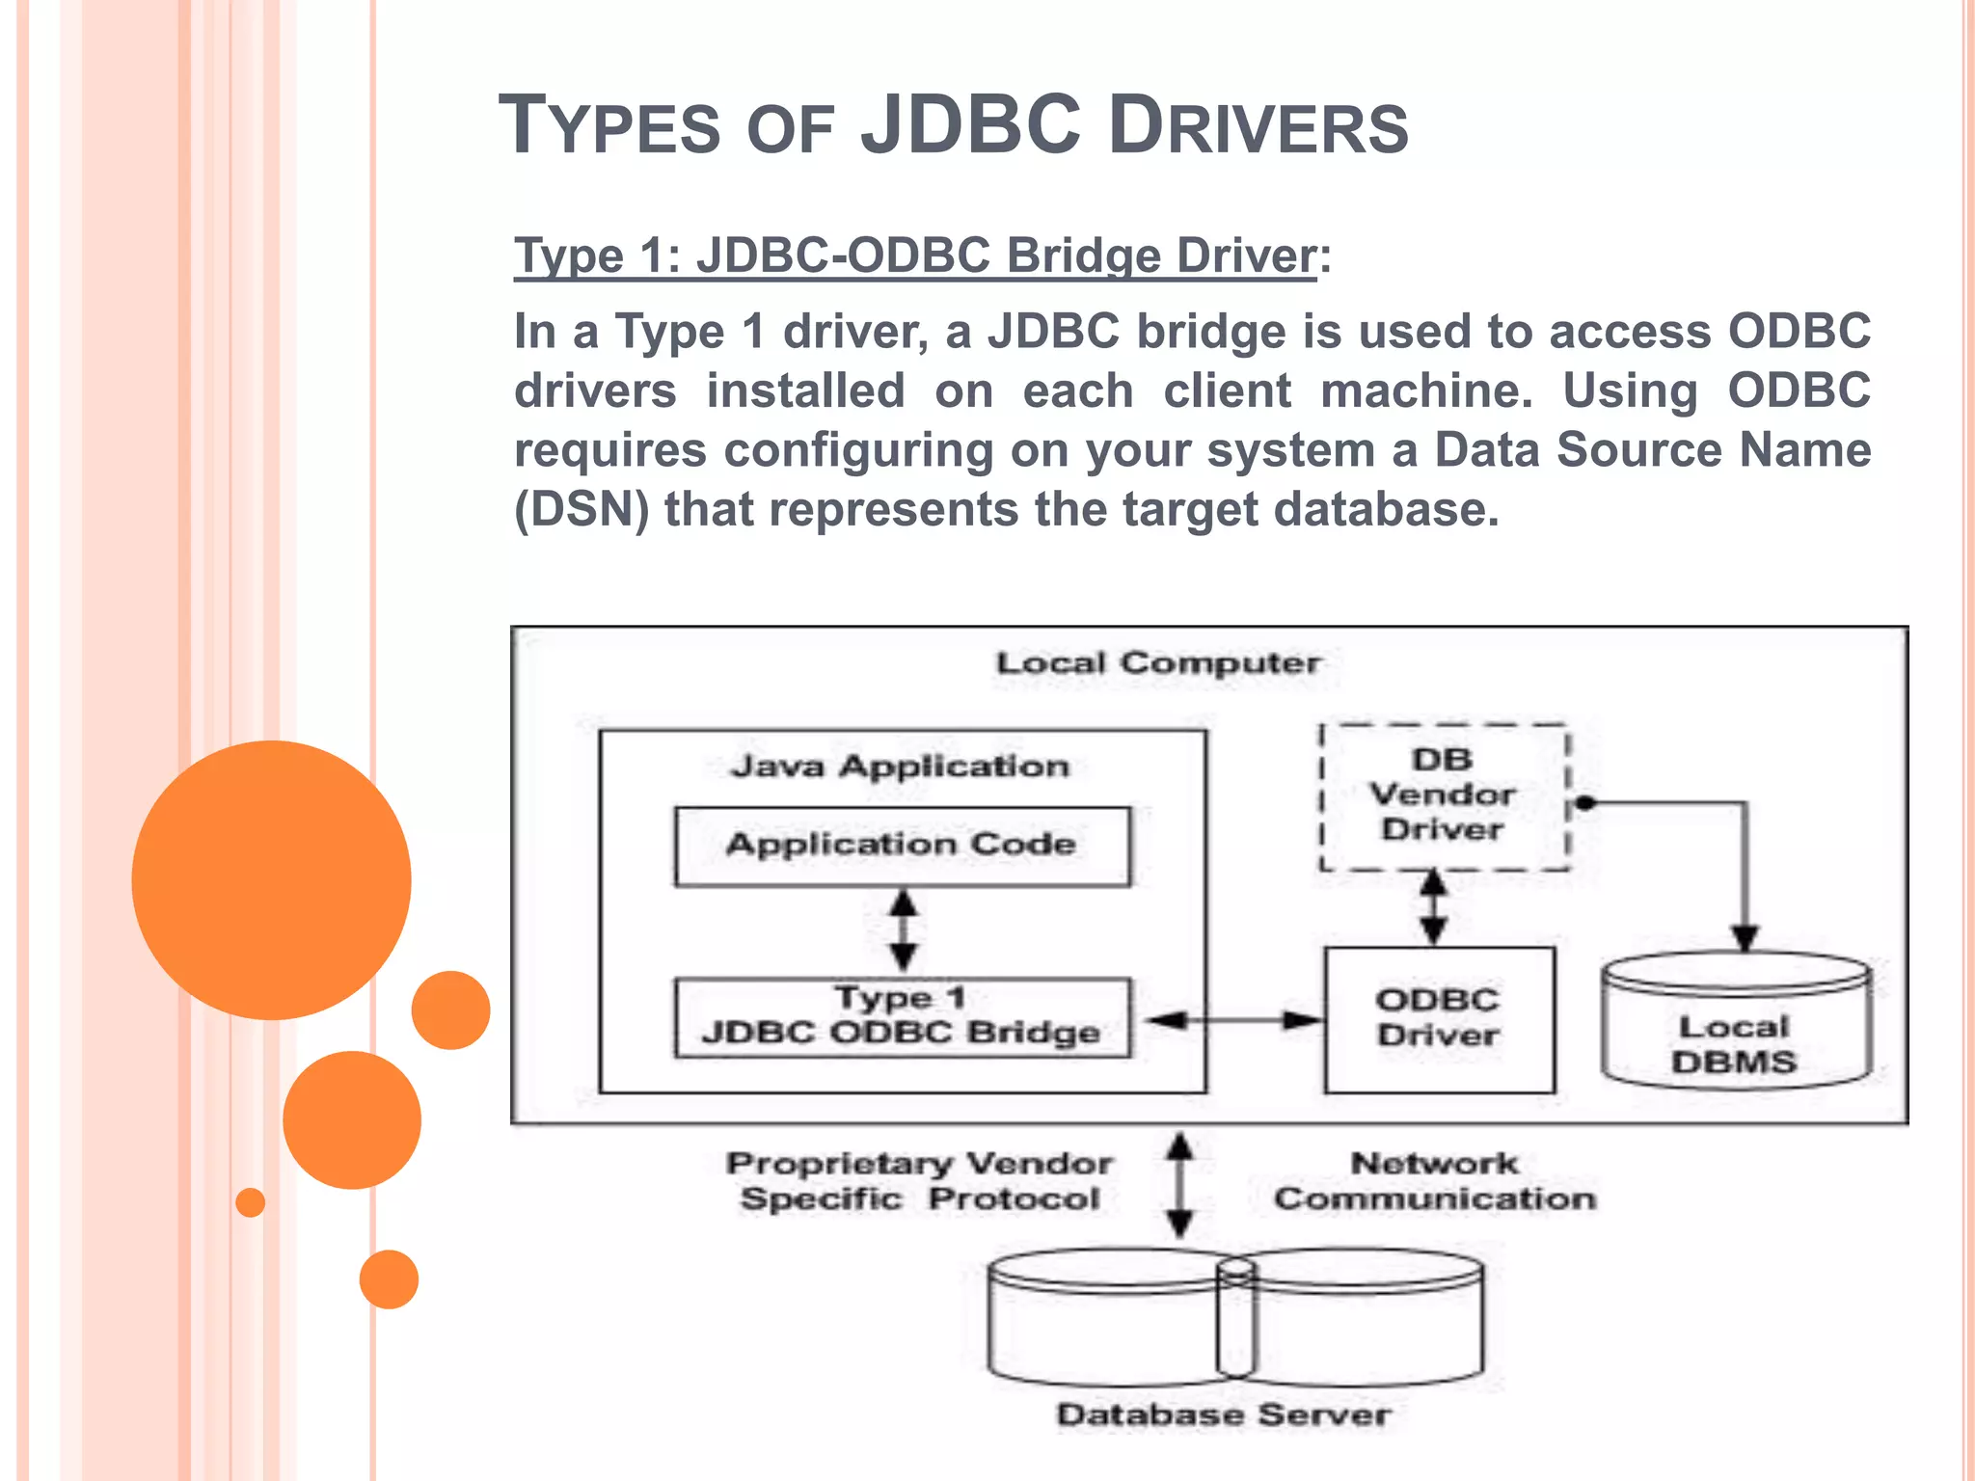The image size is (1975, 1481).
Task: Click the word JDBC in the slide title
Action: coord(970,124)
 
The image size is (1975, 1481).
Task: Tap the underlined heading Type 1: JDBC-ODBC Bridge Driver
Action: coord(914,256)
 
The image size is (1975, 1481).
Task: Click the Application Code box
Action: coord(902,846)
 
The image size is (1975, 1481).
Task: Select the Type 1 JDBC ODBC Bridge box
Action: coord(902,1017)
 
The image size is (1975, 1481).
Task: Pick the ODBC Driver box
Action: coord(1438,1018)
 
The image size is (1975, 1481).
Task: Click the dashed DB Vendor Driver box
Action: coord(1443,795)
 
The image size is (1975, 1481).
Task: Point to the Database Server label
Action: coord(1224,1414)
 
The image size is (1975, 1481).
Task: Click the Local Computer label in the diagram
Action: coord(1157,663)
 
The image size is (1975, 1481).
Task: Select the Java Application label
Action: coord(900,767)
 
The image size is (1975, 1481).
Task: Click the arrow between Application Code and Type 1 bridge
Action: coord(903,930)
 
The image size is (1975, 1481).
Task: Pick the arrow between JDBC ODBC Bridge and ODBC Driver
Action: coord(1234,1019)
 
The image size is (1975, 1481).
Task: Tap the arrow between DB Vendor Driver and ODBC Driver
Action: coord(1434,906)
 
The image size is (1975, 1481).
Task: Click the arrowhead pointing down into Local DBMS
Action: coord(1745,937)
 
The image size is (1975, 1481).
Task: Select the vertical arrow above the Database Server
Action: coord(1179,1184)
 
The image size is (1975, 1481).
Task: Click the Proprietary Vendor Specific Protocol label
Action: coord(919,1181)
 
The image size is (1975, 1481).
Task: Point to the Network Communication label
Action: coord(1434,1181)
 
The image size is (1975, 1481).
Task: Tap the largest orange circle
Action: coord(271,879)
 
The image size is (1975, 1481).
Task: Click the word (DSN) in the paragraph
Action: coord(582,509)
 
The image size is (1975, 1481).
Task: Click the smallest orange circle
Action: coord(250,1202)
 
